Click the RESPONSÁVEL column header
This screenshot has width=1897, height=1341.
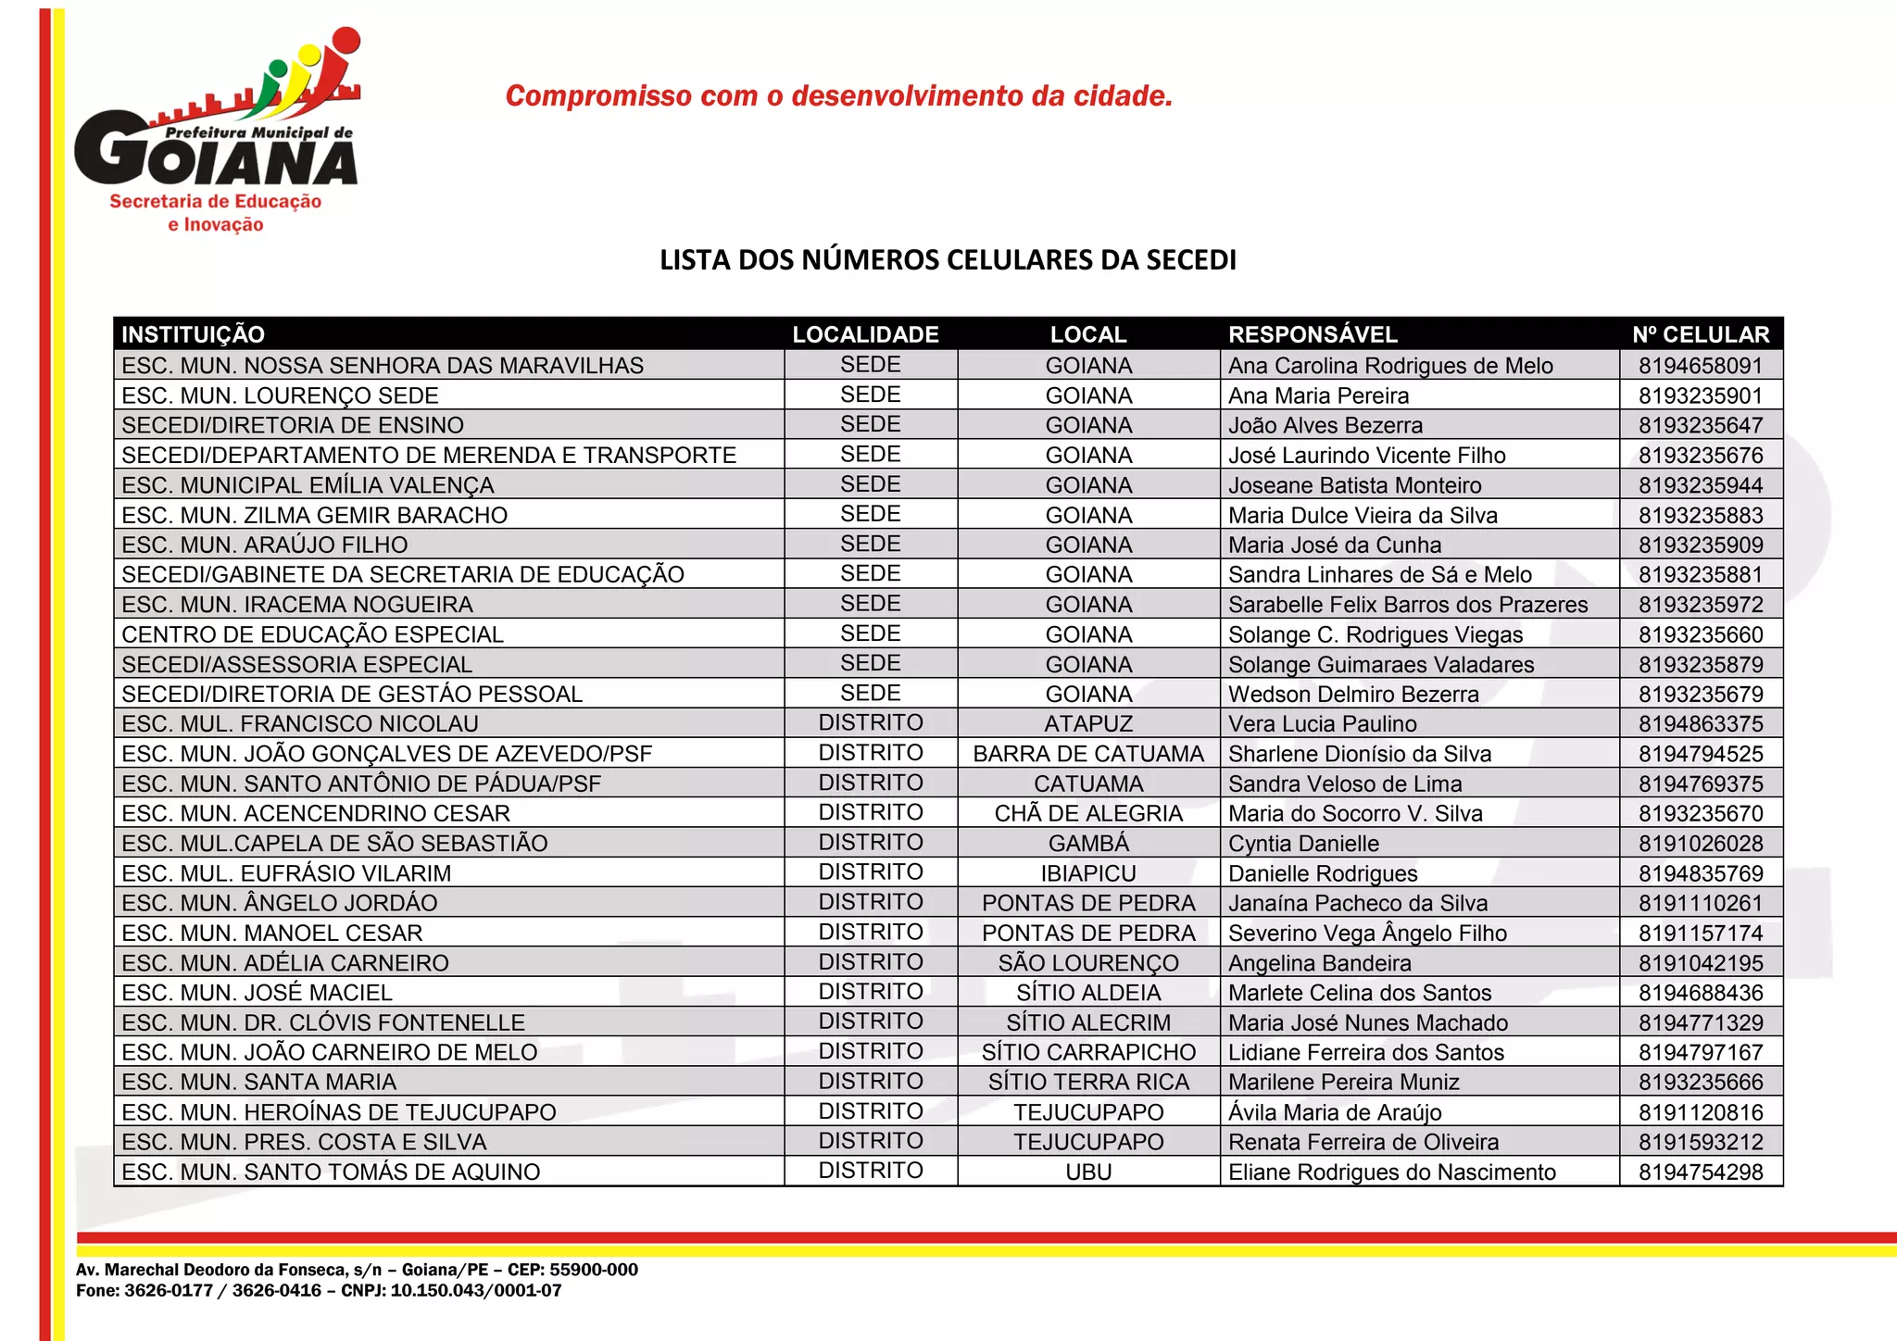1313,334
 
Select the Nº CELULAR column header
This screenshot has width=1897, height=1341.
1701,334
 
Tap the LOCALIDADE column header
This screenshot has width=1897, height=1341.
865,334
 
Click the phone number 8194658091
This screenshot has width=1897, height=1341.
1701,366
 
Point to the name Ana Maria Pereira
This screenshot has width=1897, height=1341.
1318,395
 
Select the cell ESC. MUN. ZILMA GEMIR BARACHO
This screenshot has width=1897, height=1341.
315,515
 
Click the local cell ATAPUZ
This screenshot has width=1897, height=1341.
1088,723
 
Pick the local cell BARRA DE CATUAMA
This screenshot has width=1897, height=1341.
1088,754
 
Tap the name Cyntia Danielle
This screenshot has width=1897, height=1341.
1303,844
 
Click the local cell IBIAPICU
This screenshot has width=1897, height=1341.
1088,873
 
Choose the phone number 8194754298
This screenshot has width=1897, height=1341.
1701,1172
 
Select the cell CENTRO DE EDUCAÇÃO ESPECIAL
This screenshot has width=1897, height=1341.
313,634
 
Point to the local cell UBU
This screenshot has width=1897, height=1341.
1088,1172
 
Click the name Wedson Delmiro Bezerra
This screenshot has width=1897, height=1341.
1353,694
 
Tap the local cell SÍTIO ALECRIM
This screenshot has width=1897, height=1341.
1088,1022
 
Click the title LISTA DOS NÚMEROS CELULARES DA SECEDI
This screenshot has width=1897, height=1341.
948,260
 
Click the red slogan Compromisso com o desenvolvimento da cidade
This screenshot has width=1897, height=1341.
839,95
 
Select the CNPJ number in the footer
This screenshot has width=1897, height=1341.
475,1291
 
